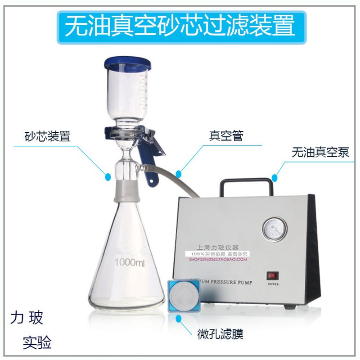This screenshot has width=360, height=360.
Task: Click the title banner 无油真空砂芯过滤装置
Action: tap(180, 26)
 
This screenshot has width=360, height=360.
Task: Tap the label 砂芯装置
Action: tap(48, 136)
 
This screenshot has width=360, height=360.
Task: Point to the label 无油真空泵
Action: tap(320, 152)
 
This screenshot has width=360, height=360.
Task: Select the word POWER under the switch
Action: tap(273, 284)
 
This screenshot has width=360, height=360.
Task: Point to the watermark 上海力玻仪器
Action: tap(217, 247)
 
